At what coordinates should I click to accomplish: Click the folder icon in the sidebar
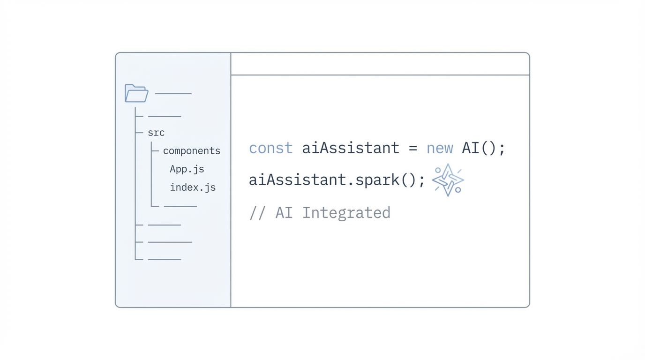click(136, 93)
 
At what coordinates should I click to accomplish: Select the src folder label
click(156, 133)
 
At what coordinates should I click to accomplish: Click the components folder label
click(191, 151)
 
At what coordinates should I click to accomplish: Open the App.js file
click(187, 169)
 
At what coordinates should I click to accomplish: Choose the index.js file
click(193, 187)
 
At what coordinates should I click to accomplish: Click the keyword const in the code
click(270, 148)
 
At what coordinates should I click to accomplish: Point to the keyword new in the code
click(439, 148)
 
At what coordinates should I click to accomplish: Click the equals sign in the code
click(412, 149)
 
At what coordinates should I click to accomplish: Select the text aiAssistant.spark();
click(337, 180)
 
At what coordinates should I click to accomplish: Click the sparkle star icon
click(448, 180)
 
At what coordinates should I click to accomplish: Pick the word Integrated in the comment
click(346, 213)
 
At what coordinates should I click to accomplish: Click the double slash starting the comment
click(257, 213)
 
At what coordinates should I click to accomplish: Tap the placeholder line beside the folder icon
click(173, 94)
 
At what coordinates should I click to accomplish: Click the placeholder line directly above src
click(164, 116)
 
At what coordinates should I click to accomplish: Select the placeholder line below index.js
click(180, 206)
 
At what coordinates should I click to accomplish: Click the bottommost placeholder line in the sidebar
click(164, 259)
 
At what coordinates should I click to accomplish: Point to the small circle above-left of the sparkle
click(438, 170)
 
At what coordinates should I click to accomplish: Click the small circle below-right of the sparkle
click(458, 190)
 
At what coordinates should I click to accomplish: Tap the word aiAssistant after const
click(351, 148)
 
